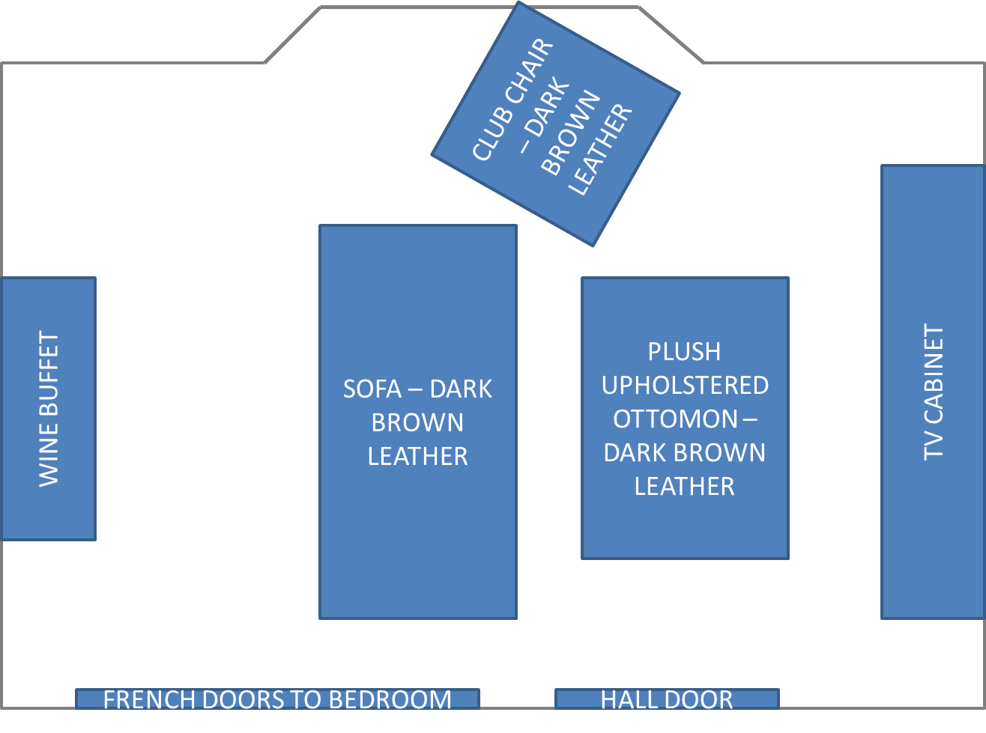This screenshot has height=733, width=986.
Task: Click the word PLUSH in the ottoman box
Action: point(684,352)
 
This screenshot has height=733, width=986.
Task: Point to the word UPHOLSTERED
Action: point(685,386)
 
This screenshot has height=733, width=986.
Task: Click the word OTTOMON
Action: point(675,419)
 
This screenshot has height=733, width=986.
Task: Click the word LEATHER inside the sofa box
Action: point(417,457)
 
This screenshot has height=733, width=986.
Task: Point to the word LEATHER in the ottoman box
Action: point(684,487)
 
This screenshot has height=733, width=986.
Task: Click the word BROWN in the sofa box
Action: point(417,423)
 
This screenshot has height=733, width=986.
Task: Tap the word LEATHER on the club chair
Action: point(600,150)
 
